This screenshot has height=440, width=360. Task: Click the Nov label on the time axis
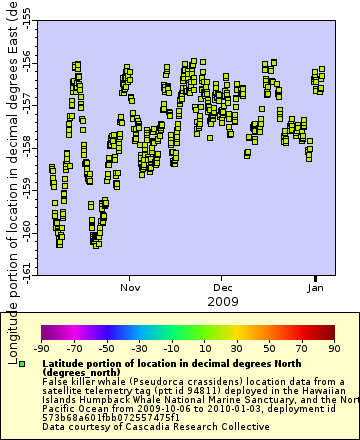(x=130, y=286)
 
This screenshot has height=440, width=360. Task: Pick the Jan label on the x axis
(x=315, y=286)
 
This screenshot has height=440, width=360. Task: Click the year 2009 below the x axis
(x=222, y=300)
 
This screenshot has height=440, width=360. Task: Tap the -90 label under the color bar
(x=42, y=348)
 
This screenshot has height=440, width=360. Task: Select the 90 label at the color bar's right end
(x=333, y=348)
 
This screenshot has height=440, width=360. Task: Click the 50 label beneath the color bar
(x=269, y=348)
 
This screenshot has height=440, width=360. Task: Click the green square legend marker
(x=22, y=363)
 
